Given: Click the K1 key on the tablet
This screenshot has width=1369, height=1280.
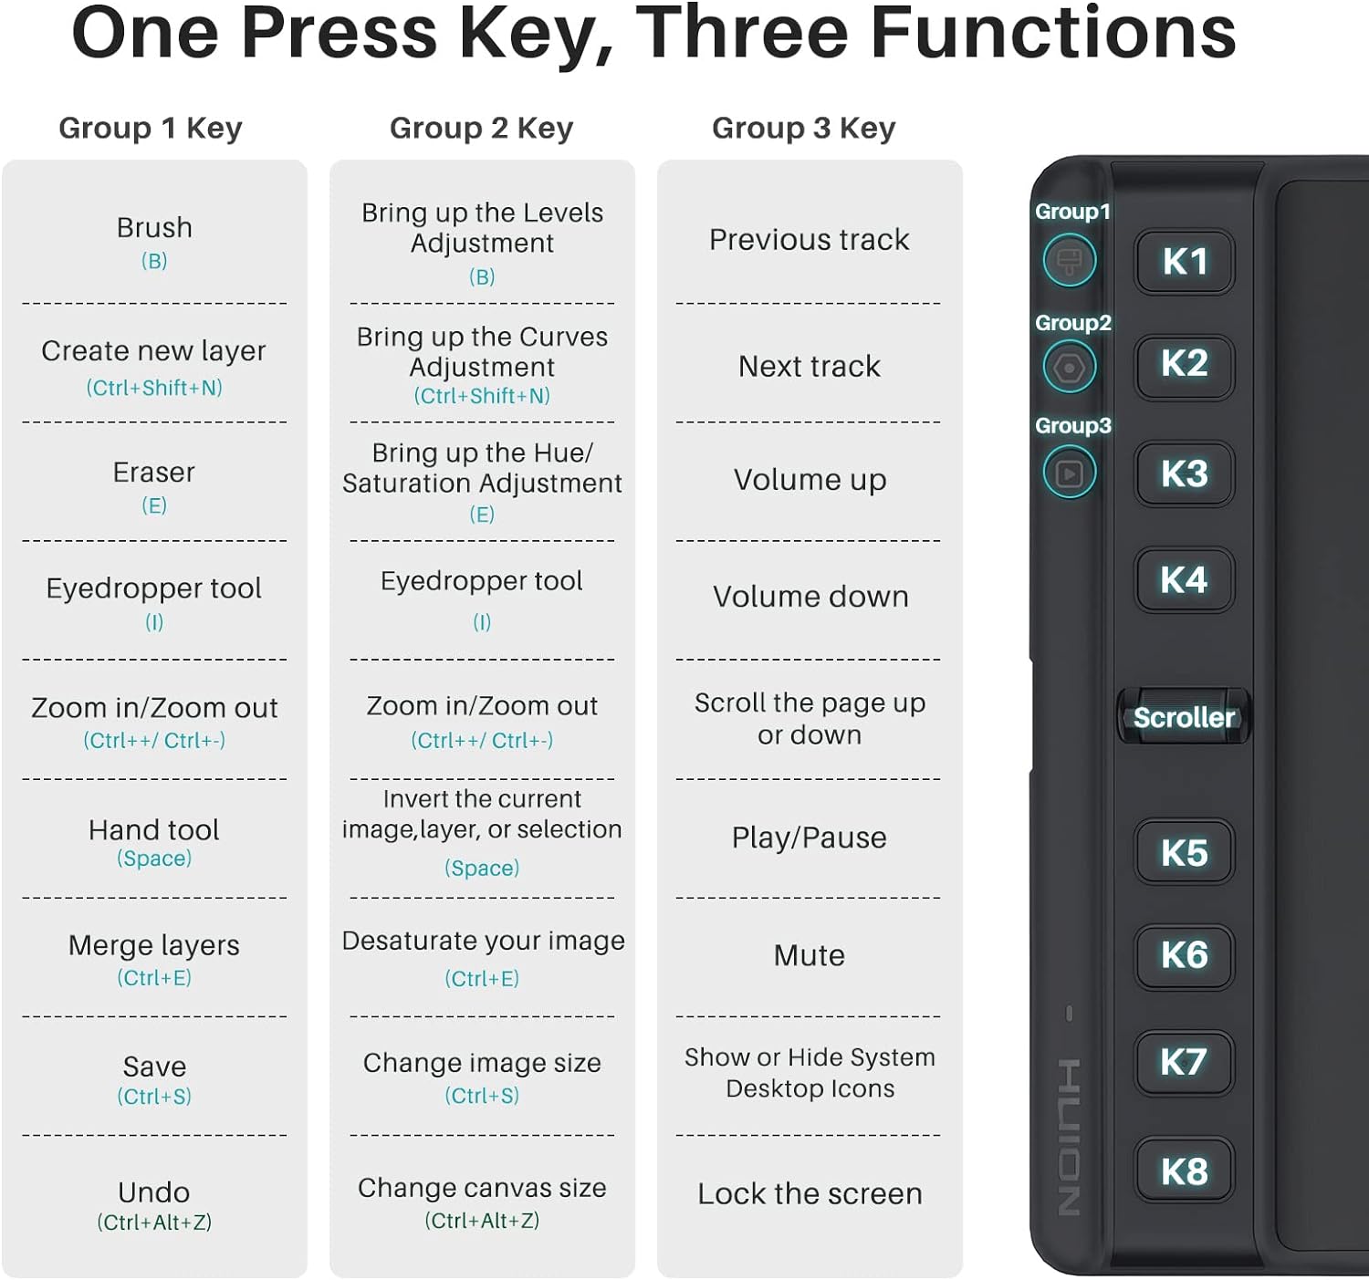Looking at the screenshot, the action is click(1185, 262).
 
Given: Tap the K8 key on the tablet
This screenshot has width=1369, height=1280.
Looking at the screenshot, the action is click(1185, 1171).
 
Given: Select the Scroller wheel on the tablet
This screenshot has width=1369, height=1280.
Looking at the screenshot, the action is click(1184, 717).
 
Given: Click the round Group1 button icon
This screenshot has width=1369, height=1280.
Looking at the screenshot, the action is click(1069, 261).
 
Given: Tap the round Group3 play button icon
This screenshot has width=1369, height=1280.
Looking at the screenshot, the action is click(1069, 473).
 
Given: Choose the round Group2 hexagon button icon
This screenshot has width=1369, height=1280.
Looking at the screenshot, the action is click(1069, 368).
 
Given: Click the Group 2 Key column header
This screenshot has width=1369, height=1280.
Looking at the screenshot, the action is click(481, 129).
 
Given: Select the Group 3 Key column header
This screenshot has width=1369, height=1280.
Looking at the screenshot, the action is click(804, 129).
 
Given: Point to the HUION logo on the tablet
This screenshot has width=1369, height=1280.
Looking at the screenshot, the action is click(1069, 1138).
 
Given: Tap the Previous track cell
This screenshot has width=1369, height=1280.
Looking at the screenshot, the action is click(810, 240).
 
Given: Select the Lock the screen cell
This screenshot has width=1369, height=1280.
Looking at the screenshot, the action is click(810, 1194).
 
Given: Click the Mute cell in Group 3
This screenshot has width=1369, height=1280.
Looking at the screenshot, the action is click(810, 955).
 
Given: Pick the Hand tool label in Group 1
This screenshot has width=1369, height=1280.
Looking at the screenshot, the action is click(153, 830).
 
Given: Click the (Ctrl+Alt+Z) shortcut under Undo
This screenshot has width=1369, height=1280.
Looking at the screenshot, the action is click(153, 1223).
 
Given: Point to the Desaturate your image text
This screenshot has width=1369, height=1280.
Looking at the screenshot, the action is click(483, 942).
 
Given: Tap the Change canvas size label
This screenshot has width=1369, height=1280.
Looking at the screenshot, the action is click(482, 1188).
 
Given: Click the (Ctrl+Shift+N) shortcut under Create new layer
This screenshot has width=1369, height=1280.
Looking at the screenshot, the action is click(153, 388).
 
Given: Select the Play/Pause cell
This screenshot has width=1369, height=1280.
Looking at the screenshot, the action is click(810, 838).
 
